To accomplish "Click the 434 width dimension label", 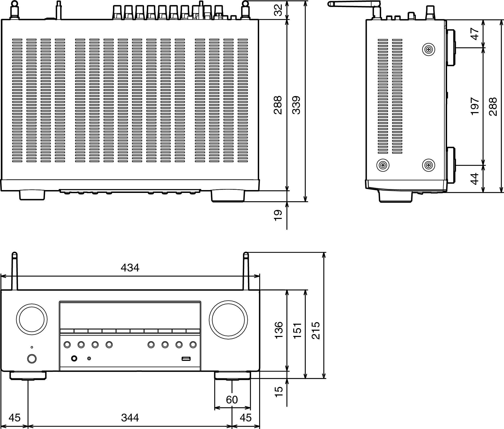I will point(130,268).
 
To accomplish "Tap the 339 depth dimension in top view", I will point(296,105).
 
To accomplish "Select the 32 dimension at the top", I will point(278,10).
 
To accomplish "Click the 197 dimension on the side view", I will point(475,106).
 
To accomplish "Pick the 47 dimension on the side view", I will point(475,34).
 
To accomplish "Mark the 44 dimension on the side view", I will point(475,179).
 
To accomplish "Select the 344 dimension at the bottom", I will point(130,418).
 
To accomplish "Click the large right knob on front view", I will point(228,320).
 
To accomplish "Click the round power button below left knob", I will point(32,359).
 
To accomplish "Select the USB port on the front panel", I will point(186,359).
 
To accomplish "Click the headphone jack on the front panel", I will point(74,359).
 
